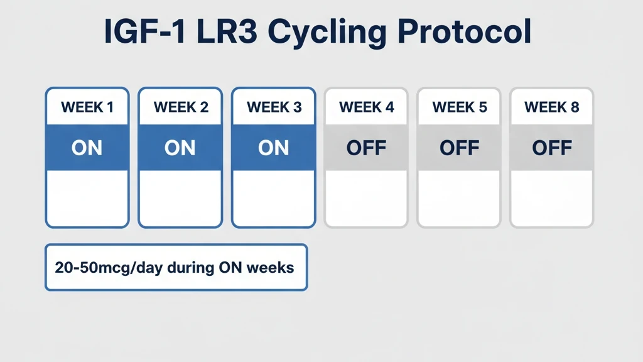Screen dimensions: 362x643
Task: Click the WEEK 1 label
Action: pos(87,107)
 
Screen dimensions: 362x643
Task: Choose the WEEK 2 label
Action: pos(181,107)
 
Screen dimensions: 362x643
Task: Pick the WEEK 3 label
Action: pos(274,107)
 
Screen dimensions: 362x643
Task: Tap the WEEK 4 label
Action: pos(367,107)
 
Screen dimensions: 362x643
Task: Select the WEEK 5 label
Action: pos(460,107)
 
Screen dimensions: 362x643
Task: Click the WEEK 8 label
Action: pos(552,107)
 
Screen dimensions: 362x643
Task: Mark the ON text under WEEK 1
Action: pos(87,148)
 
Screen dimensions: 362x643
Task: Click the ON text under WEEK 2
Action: pos(180,148)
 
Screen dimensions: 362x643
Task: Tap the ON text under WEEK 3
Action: pos(274,148)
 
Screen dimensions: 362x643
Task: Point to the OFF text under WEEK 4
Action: pos(367,148)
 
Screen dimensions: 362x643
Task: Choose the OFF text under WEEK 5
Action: pos(460,148)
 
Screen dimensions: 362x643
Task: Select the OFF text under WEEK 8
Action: pos(552,148)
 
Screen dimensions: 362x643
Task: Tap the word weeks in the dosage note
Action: pos(270,268)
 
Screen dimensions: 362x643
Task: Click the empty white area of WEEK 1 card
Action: pos(87,197)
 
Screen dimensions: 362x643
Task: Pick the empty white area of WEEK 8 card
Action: pos(552,197)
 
